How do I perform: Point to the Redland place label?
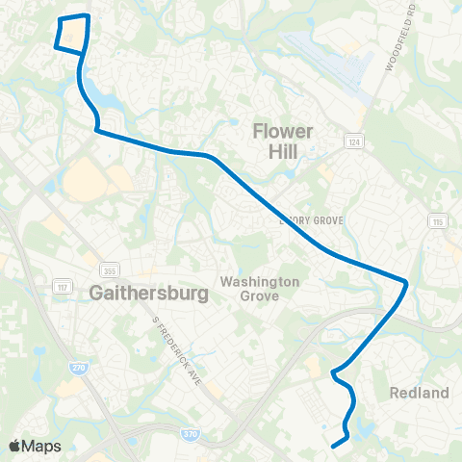click(420, 393)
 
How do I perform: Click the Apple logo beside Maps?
click(15, 446)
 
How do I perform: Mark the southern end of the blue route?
click(333, 446)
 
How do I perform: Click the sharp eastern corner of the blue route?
click(408, 283)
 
